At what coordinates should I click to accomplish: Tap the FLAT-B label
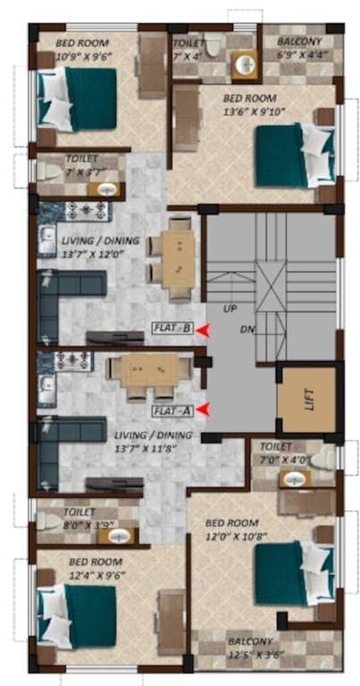174,328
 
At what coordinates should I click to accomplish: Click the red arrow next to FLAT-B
204,329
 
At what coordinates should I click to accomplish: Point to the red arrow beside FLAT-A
204,410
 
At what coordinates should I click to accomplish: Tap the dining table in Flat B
176,256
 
